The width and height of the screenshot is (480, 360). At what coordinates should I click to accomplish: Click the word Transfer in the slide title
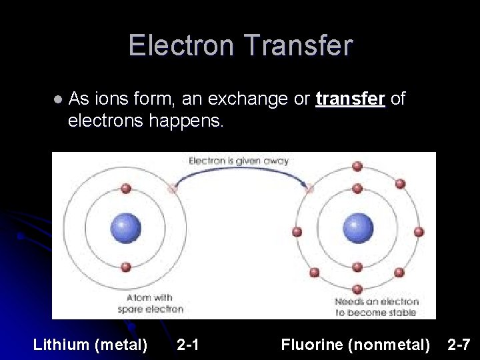tap(298, 46)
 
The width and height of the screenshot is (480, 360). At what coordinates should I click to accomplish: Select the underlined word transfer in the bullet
tap(351, 99)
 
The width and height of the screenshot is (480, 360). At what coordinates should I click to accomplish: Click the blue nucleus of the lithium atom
tap(125, 228)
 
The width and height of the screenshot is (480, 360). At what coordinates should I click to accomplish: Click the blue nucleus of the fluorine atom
tap(358, 228)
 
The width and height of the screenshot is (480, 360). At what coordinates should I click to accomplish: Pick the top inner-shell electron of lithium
tap(125, 189)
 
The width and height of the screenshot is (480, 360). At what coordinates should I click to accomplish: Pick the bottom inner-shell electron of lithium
tap(125, 267)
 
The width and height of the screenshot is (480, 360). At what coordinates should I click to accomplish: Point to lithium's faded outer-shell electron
tap(172, 189)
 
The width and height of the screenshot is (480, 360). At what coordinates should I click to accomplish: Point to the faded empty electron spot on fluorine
tap(309, 189)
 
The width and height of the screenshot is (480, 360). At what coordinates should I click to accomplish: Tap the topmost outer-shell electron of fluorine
tap(357, 165)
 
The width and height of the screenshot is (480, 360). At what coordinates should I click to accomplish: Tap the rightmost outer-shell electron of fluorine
tap(419, 231)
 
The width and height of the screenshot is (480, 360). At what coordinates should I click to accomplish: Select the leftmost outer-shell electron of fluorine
tap(297, 231)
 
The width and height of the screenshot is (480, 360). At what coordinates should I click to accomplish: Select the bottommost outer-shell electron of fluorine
tap(357, 289)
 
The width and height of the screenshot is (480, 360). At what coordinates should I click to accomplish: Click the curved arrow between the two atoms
tap(240, 171)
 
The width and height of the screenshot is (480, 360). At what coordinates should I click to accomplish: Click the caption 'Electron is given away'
tap(239, 160)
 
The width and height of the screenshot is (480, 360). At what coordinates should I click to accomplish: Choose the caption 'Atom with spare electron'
tap(150, 303)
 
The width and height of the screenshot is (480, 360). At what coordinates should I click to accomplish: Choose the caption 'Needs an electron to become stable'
tap(375, 307)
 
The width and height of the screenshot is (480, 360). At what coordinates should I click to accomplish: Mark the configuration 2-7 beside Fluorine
tap(459, 345)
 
